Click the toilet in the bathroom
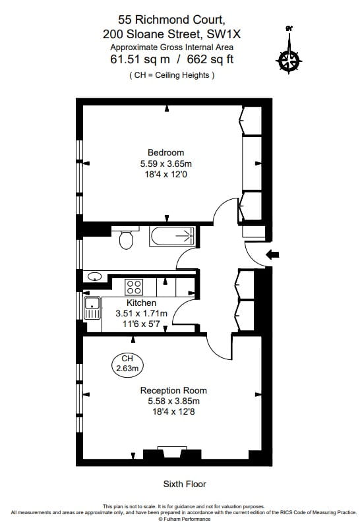pyautogui.click(x=125, y=240)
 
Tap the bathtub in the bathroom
pyautogui.click(x=172, y=235)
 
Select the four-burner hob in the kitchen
pyautogui.click(x=135, y=287)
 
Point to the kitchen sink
pyautogui.click(x=92, y=305)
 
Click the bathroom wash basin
pyautogui.click(x=96, y=276)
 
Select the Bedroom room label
pyautogui.click(x=165, y=153)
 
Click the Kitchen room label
pyautogui.click(x=142, y=303)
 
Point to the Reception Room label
pyautogui.click(x=169, y=390)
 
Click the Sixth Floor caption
pyautogui.click(x=185, y=484)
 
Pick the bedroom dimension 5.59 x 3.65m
pyautogui.click(x=165, y=163)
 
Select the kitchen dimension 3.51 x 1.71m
pyautogui.click(x=142, y=314)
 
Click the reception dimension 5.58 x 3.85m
pyautogui.click(x=169, y=401)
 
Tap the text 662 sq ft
pyautogui.click(x=210, y=59)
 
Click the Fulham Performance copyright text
pyautogui.click(x=179, y=518)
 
